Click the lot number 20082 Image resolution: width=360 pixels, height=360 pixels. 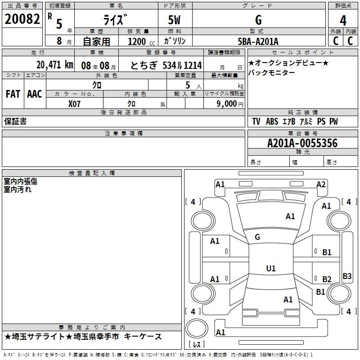click(x=22, y=18)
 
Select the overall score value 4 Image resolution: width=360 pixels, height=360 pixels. click(x=343, y=21)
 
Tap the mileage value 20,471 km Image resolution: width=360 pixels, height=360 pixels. click(x=54, y=65)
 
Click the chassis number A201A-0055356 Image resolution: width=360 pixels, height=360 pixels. click(x=302, y=143)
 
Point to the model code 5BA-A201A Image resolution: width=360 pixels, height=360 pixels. click(x=258, y=41)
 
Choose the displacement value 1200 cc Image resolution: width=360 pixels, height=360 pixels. click(x=141, y=41)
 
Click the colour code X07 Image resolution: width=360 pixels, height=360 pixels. click(x=74, y=104)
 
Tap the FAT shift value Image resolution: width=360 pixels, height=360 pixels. click(x=13, y=94)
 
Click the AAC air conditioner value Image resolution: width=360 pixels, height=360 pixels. click(x=35, y=94)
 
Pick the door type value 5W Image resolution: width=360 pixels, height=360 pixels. click(x=174, y=20)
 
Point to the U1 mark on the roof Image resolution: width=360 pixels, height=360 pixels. click(x=271, y=268)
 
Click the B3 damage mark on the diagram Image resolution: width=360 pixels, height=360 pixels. click(x=347, y=276)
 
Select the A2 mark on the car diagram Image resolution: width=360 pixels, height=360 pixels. click(x=321, y=184)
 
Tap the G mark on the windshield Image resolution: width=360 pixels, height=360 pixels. click(x=257, y=237)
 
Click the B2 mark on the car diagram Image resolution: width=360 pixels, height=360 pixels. click(x=327, y=279)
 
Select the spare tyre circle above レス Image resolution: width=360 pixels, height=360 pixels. click(x=197, y=328)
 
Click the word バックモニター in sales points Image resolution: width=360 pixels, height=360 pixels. click(x=272, y=73)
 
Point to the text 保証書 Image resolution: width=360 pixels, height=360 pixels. click(x=15, y=121)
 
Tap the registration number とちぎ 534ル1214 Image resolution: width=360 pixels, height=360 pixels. click(x=166, y=65)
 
